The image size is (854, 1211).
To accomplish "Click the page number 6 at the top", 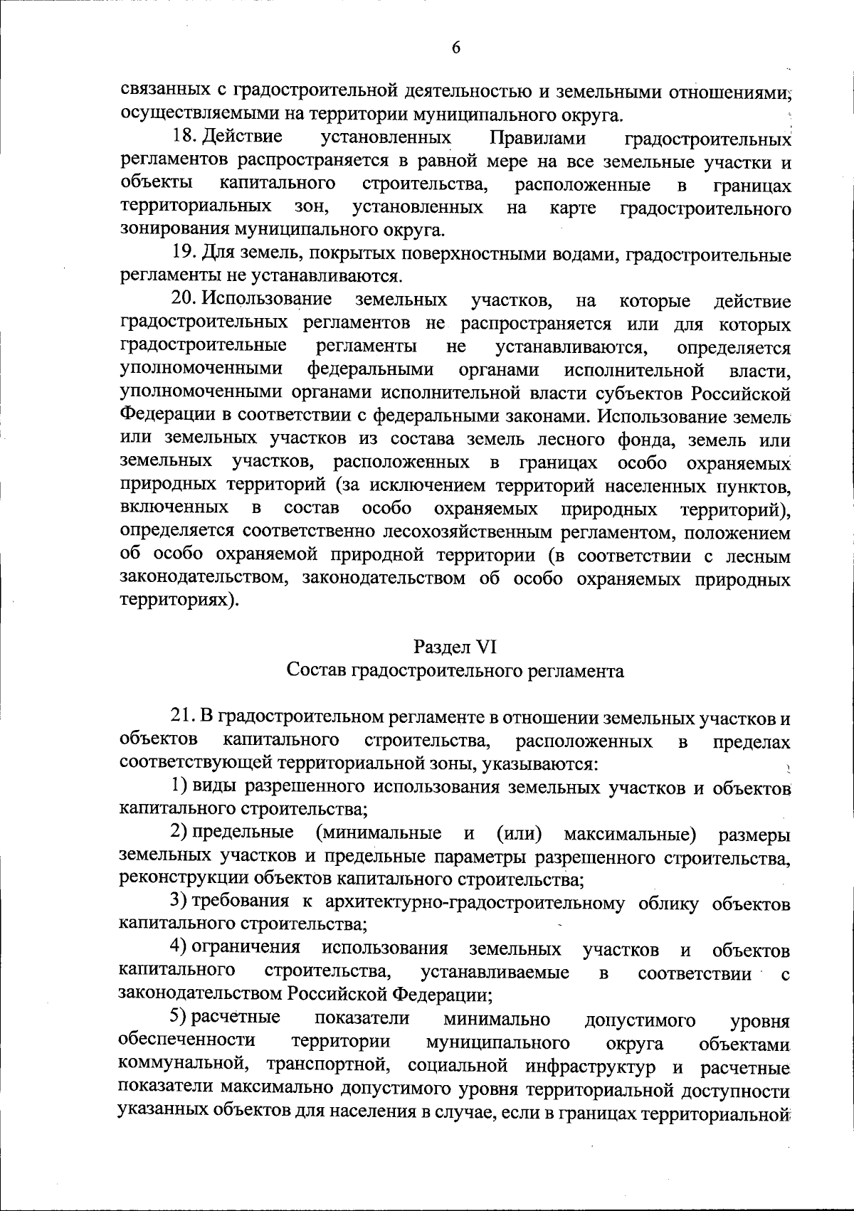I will (x=456, y=47).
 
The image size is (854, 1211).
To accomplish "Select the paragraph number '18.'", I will (x=185, y=136).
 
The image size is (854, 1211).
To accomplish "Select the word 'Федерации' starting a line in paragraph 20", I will (x=165, y=414).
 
